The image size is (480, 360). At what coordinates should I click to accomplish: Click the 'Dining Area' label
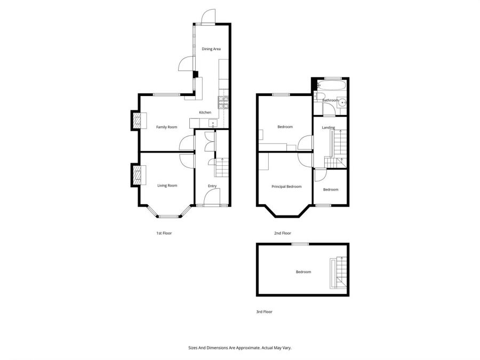pyautogui.click(x=211, y=49)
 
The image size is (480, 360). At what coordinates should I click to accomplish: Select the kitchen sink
pyautogui.click(x=213, y=123)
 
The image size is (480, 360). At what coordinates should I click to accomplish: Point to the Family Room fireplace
pyautogui.click(x=138, y=121)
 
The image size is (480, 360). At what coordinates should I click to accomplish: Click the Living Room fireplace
pyautogui.click(x=138, y=175)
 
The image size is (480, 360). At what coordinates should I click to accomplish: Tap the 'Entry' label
pyautogui.click(x=212, y=186)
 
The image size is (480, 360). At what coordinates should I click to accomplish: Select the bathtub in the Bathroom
pyautogui.click(x=331, y=85)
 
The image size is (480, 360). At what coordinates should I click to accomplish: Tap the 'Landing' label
pyautogui.click(x=329, y=127)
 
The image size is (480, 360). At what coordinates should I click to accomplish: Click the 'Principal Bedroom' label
pyautogui.click(x=286, y=187)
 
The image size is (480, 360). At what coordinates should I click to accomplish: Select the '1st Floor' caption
pyautogui.click(x=164, y=233)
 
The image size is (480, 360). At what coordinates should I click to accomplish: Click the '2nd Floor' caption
pyautogui.click(x=283, y=233)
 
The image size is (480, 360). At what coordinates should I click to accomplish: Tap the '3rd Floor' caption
pyautogui.click(x=264, y=312)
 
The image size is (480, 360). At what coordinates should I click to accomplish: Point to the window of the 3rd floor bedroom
pyautogui.click(x=300, y=244)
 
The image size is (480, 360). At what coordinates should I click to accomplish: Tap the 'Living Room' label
pyautogui.click(x=167, y=186)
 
